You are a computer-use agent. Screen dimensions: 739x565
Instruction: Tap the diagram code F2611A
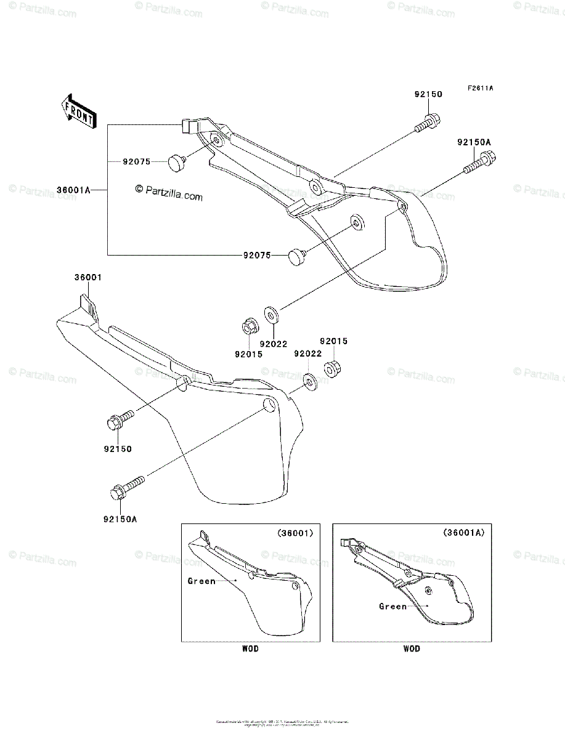(x=480, y=89)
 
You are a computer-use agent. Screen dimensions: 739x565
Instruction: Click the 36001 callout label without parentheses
(x=88, y=278)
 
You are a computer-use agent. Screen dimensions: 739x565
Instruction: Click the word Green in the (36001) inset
(x=201, y=581)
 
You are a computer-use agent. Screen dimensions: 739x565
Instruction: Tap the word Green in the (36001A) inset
(x=392, y=606)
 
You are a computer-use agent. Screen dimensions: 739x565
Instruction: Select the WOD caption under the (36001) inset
(x=250, y=648)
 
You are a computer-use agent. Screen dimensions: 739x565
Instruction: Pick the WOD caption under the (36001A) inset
(x=412, y=648)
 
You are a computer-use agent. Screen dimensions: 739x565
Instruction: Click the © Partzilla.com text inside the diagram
(x=169, y=193)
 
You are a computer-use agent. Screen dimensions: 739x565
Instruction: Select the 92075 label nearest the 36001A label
(x=136, y=161)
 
